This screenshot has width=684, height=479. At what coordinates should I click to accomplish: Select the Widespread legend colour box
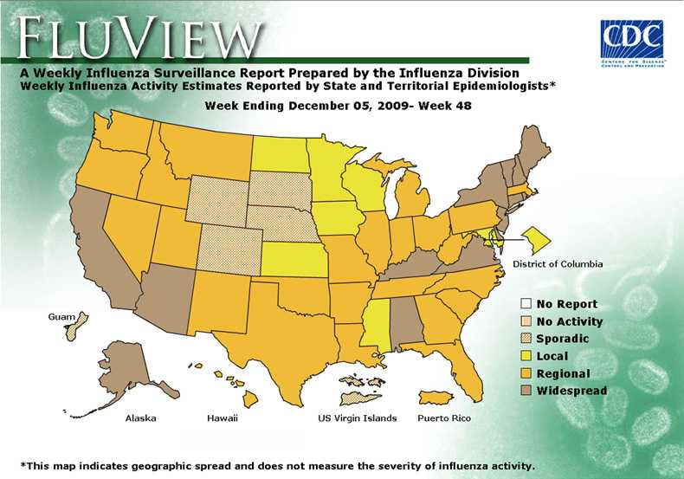coord(526,391)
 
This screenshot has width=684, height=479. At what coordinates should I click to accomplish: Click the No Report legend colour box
coord(526,304)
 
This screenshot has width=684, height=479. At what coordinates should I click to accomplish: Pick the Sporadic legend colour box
coord(526,339)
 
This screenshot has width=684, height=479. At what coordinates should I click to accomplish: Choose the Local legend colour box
coord(526,356)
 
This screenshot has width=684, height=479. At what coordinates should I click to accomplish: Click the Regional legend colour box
coord(526,373)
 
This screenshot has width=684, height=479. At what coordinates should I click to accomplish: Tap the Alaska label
coord(140,418)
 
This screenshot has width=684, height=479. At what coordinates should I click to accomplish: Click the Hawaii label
coord(222,418)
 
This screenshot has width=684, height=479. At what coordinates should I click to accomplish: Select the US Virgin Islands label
coord(358,418)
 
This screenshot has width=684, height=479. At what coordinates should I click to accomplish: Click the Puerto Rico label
coord(443,418)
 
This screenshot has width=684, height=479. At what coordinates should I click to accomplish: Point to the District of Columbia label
coord(558,263)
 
